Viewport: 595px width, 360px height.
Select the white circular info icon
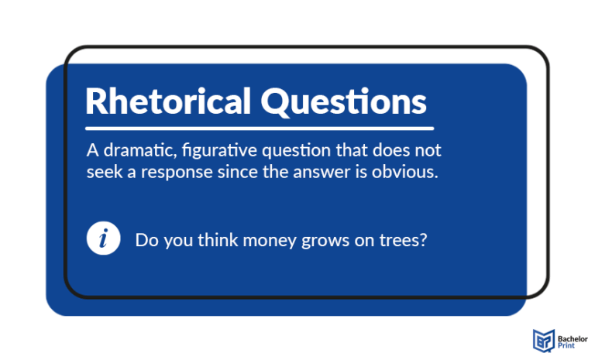tap(104, 238)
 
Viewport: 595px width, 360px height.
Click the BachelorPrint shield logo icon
tap(542, 339)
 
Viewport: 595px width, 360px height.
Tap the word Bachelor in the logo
tap(573, 334)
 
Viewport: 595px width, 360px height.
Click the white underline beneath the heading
tap(260, 128)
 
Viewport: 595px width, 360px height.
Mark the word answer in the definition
tap(340, 172)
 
